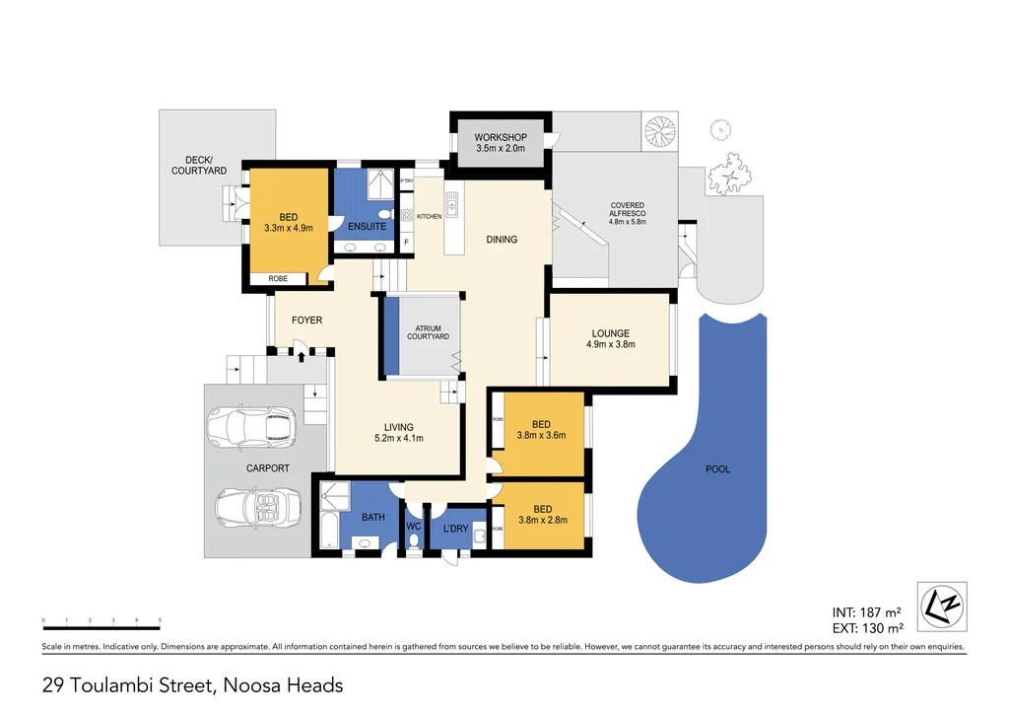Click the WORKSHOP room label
pos(501,137)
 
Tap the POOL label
pos(718,469)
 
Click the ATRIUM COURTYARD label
pos(428,332)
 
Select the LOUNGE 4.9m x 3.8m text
pos(611,344)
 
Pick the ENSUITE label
pos(367,227)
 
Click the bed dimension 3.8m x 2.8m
pos(543,522)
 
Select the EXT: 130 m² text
pos(868,628)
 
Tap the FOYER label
pos(305,321)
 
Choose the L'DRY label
pos(456,530)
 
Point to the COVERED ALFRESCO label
pos(627,213)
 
